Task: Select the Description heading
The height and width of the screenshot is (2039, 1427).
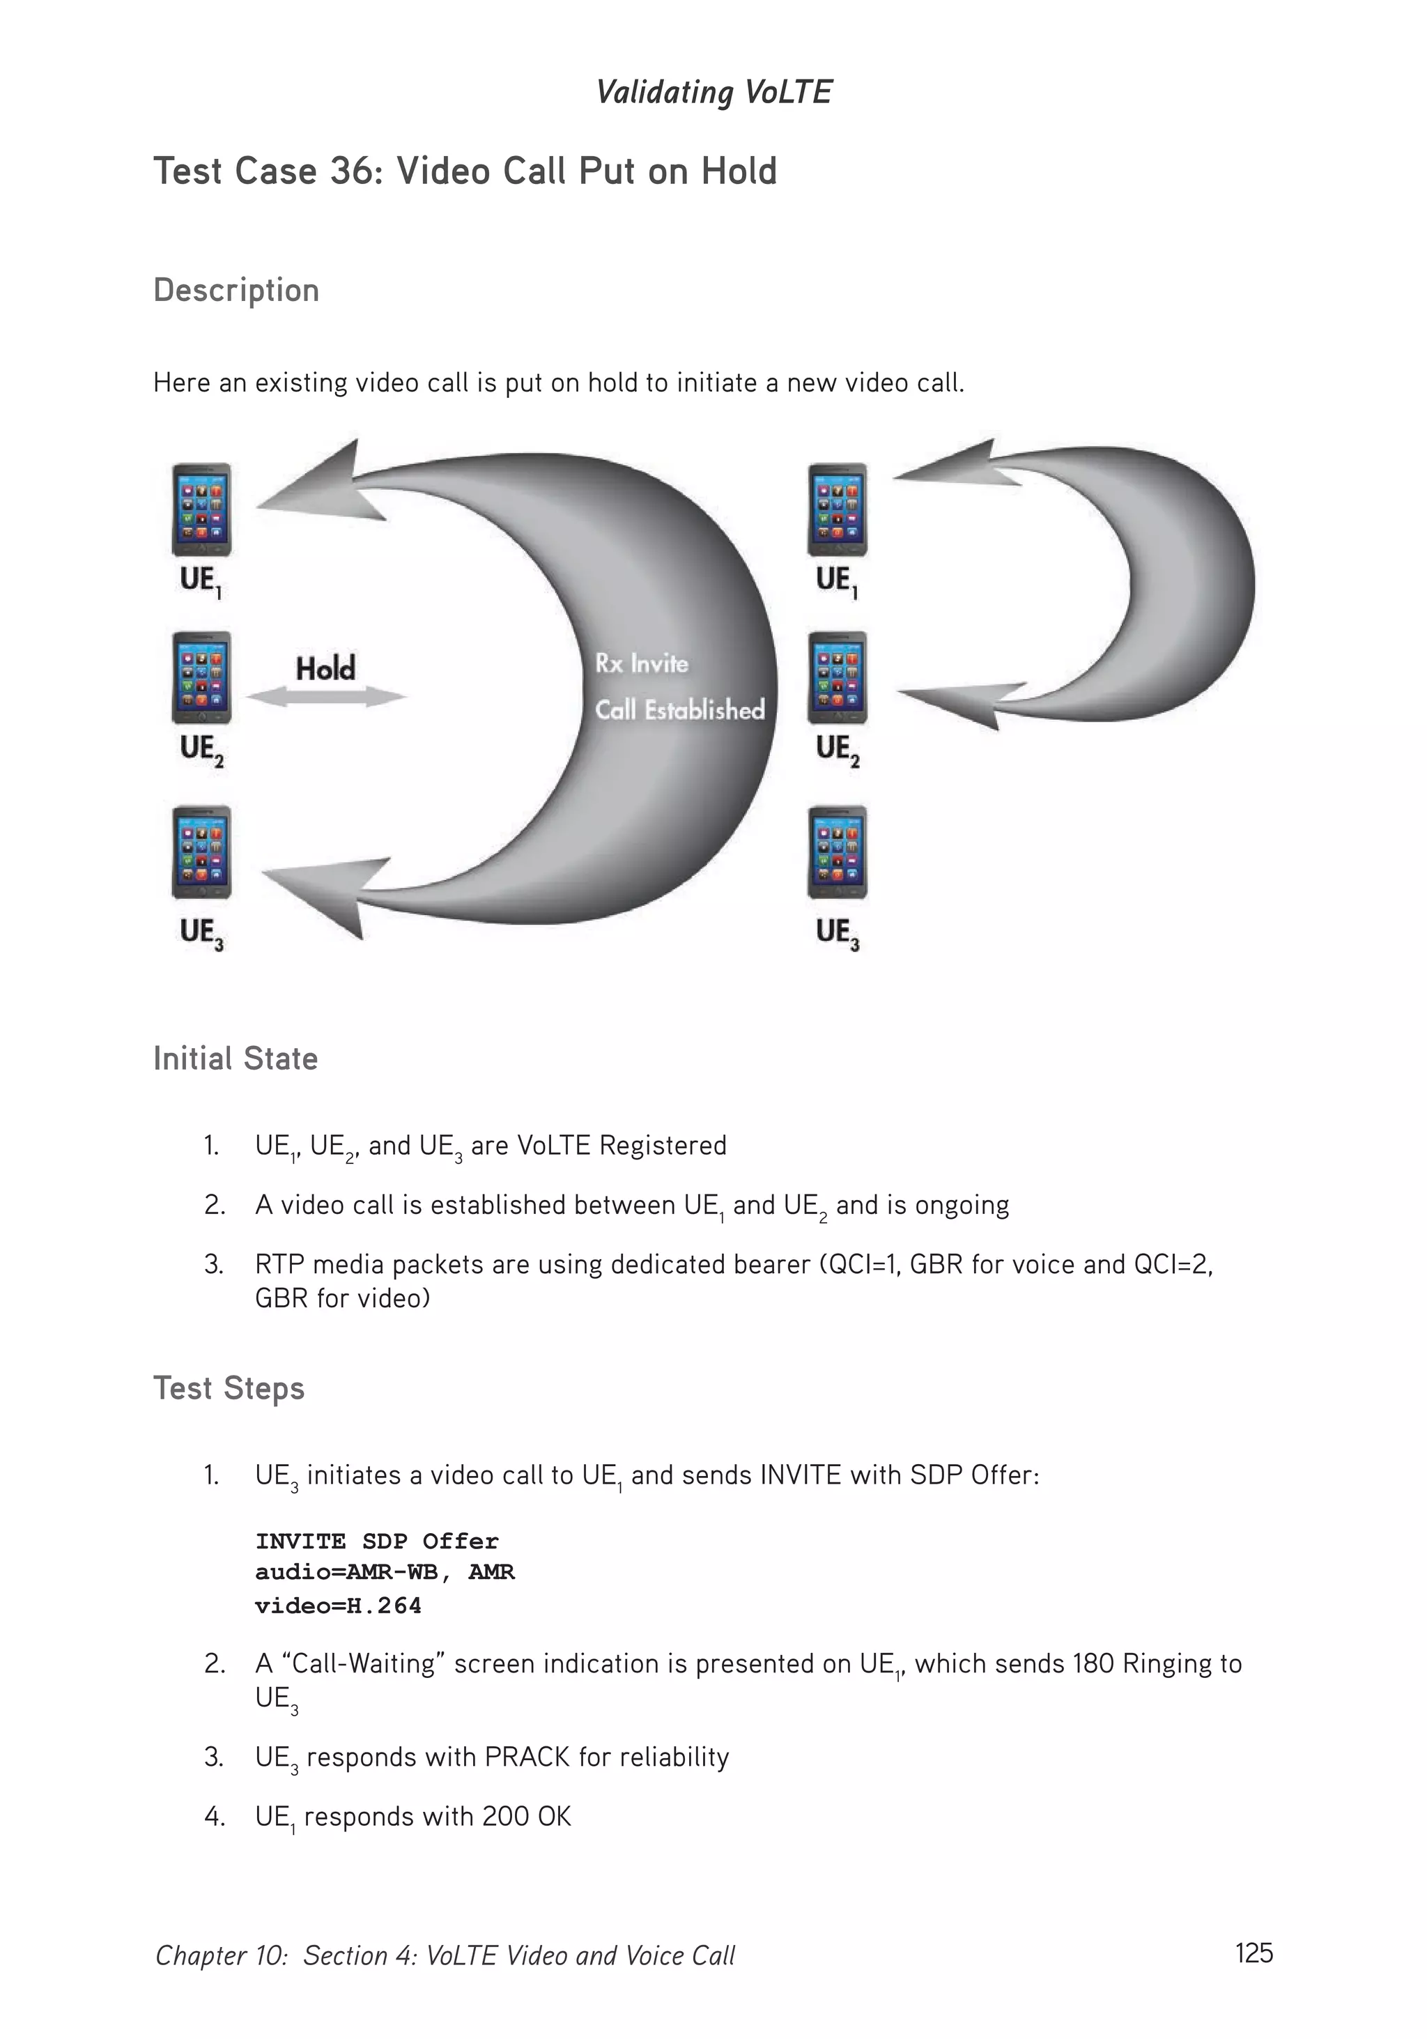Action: pos(236,291)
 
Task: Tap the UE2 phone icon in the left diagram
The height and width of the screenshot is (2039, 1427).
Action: pos(201,677)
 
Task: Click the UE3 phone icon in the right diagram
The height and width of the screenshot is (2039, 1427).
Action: pos(837,852)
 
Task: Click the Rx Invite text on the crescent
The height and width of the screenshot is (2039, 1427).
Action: pos(641,663)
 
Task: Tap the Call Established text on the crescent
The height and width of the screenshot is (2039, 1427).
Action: pos(679,709)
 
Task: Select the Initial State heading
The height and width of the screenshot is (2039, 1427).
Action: pos(236,1059)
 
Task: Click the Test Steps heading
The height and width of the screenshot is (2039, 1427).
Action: pos(229,1388)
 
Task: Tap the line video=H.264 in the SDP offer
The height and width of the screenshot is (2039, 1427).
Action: pos(337,1606)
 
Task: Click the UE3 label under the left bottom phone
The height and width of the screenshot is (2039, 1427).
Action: pos(201,932)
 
